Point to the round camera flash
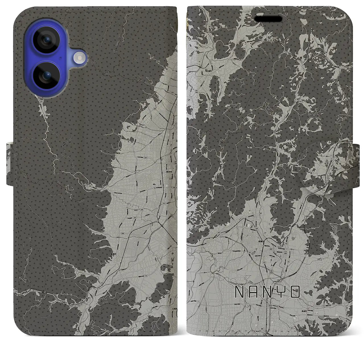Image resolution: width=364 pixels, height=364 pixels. [79, 58]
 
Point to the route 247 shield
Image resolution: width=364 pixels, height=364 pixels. [218, 232]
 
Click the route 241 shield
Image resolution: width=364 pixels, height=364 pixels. [250, 252]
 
